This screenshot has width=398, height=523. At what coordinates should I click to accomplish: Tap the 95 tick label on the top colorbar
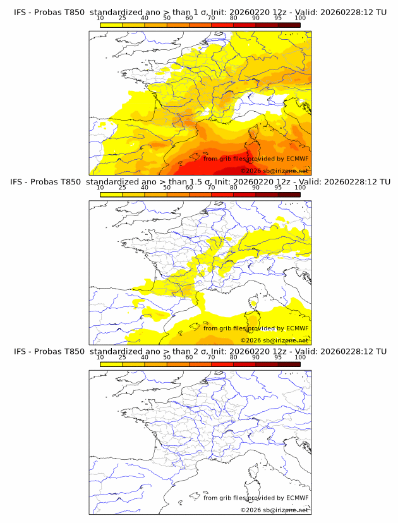(278, 18)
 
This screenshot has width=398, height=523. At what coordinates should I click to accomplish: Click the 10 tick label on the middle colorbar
(100, 188)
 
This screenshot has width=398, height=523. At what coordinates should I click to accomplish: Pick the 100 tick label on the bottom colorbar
(300, 358)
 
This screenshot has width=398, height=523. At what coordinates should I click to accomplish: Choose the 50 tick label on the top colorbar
(167, 18)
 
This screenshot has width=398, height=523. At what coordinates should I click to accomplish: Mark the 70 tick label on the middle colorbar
(212, 188)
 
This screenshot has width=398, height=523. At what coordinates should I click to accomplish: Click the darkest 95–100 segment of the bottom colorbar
(289, 364)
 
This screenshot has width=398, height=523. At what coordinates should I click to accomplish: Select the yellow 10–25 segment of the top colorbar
(111, 25)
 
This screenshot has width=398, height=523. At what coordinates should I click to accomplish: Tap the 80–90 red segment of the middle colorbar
(244, 195)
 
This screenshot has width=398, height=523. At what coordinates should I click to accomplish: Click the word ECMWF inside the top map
(297, 159)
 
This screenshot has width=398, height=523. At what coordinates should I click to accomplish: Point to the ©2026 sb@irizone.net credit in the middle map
(274, 340)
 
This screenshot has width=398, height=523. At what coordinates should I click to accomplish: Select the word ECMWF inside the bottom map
(297, 498)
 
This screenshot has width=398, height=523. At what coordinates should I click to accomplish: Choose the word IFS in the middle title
(21, 181)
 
